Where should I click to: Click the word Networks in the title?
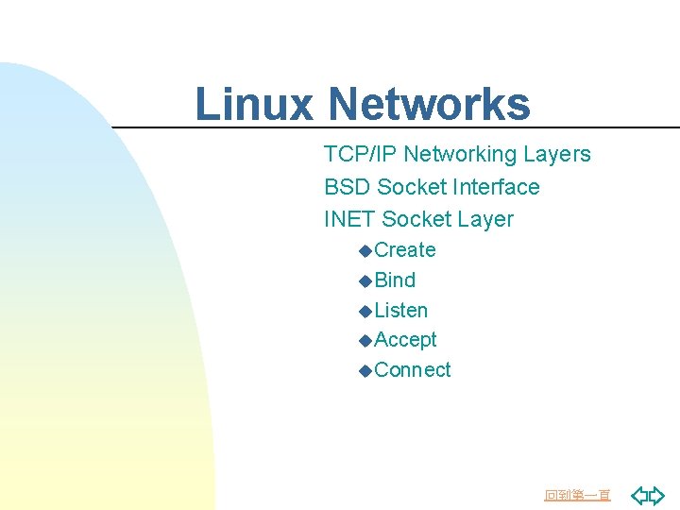(430, 105)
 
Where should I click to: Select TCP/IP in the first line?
(355, 154)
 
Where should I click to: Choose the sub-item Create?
(405, 250)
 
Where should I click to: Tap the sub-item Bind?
(395, 280)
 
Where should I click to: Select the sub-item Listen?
(401, 311)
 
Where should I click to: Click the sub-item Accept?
(405, 340)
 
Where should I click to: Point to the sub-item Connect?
(413, 370)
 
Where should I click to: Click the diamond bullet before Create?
(365, 251)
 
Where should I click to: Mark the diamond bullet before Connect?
(365, 371)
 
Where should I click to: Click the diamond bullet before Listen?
(365, 312)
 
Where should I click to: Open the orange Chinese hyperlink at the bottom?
(578, 495)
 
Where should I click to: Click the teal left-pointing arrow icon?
(639, 495)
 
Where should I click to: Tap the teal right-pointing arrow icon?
(657, 495)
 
